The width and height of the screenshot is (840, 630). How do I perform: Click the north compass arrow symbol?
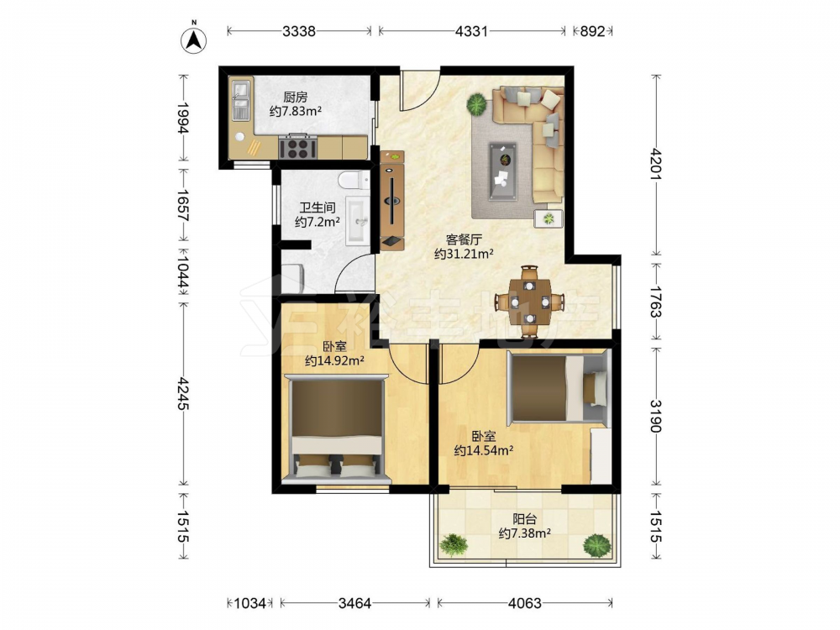pyautogui.click(x=193, y=39)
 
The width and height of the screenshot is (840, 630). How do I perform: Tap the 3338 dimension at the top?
pyautogui.click(x=299, y=31)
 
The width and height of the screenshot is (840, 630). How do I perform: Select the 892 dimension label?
pyautogui.click(x=592, y=31)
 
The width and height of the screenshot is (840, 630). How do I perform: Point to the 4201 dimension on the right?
pyautogui.click(x=657, y=165)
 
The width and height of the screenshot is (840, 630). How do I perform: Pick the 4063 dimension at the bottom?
pyautogui.click(x=525, y=603)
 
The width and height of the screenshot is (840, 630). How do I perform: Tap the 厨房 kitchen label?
pyautogui.click(x=295, y=97)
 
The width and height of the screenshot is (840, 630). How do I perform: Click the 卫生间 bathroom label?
pyautogui.click(x=318, y=207)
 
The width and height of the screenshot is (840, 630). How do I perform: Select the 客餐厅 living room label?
pyautogui.click(x=464, y=239)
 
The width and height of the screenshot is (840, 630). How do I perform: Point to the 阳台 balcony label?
pyautogui.click(x=524, y=519)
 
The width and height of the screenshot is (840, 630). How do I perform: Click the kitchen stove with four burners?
pyautogui.click(x=298, y=146)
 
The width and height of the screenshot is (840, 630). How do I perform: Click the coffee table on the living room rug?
pyautogui.click(x=502, y=171)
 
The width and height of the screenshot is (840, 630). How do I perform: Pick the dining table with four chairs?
pyautogui.click(x=530, y=302)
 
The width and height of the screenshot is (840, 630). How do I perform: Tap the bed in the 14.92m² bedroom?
pyautogui.click(x=337, y=428)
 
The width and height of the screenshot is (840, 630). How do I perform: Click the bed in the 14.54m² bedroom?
pyautogui.click(x=557, y=386)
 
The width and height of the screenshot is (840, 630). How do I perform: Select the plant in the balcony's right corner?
pyautogui.click(x=596, y=545)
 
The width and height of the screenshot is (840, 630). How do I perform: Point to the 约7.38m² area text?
pyautogui.click(x=524, y=533)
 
